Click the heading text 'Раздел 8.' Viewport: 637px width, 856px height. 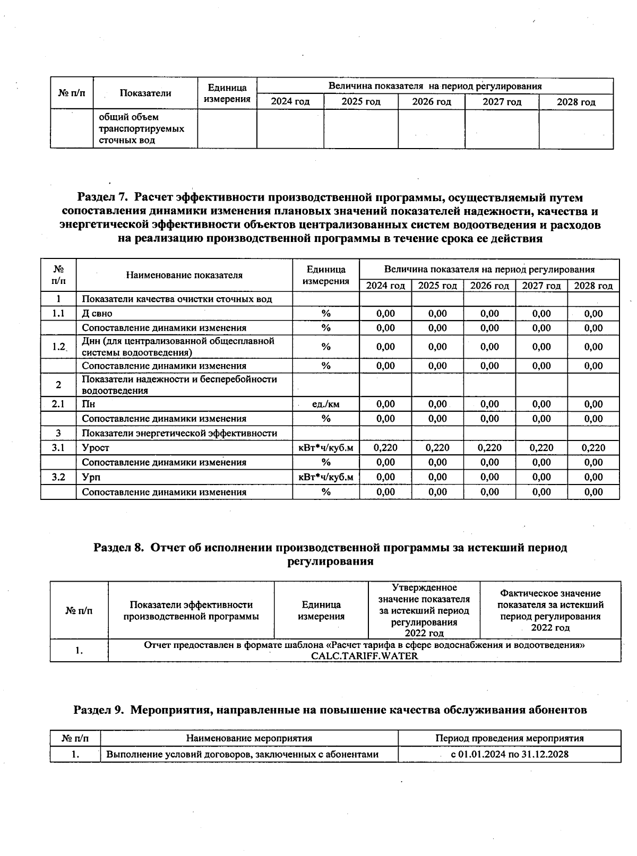click(119, 547)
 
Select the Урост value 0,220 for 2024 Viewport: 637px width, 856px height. click(385, 447)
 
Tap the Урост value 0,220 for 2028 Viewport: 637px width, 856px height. click(593, 447)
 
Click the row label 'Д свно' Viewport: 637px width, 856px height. click(97, 313)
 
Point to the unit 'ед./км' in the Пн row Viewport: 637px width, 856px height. click(325, 404)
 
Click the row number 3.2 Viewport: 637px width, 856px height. click(58, 477)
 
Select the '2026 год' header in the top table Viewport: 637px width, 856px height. click(431, 102)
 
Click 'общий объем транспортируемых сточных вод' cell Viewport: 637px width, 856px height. click(141, 128)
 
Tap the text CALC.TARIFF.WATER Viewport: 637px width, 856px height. click(364, 655)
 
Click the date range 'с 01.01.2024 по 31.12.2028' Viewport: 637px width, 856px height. click(509, 754)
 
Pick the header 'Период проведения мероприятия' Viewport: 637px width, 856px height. click(509, 738)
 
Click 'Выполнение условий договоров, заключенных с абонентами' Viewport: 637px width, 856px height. click(242, 754)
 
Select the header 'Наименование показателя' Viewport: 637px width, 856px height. click(184, 275)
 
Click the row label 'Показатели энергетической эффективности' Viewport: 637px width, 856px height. click(179, 433)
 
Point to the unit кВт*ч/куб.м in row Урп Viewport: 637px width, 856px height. click(325, 477)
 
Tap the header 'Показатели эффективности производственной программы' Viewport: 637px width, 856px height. click(191, 610)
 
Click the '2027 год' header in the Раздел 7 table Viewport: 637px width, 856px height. click(541, 286)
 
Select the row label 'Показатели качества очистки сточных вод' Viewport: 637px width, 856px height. click(177, 299)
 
